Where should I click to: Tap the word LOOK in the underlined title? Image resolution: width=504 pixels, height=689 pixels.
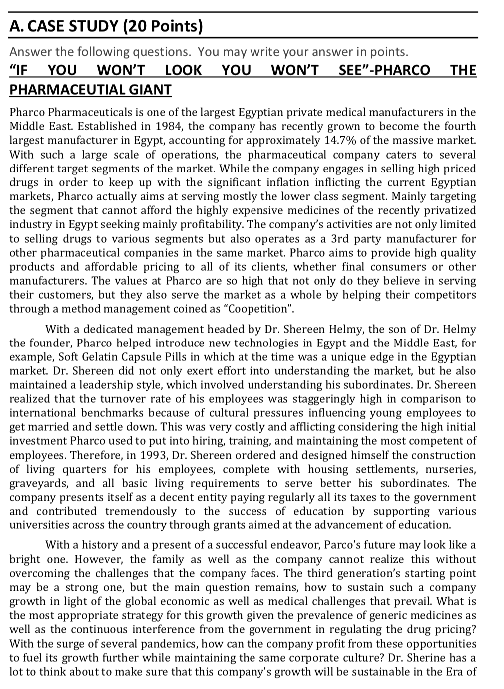click(183, 70)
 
